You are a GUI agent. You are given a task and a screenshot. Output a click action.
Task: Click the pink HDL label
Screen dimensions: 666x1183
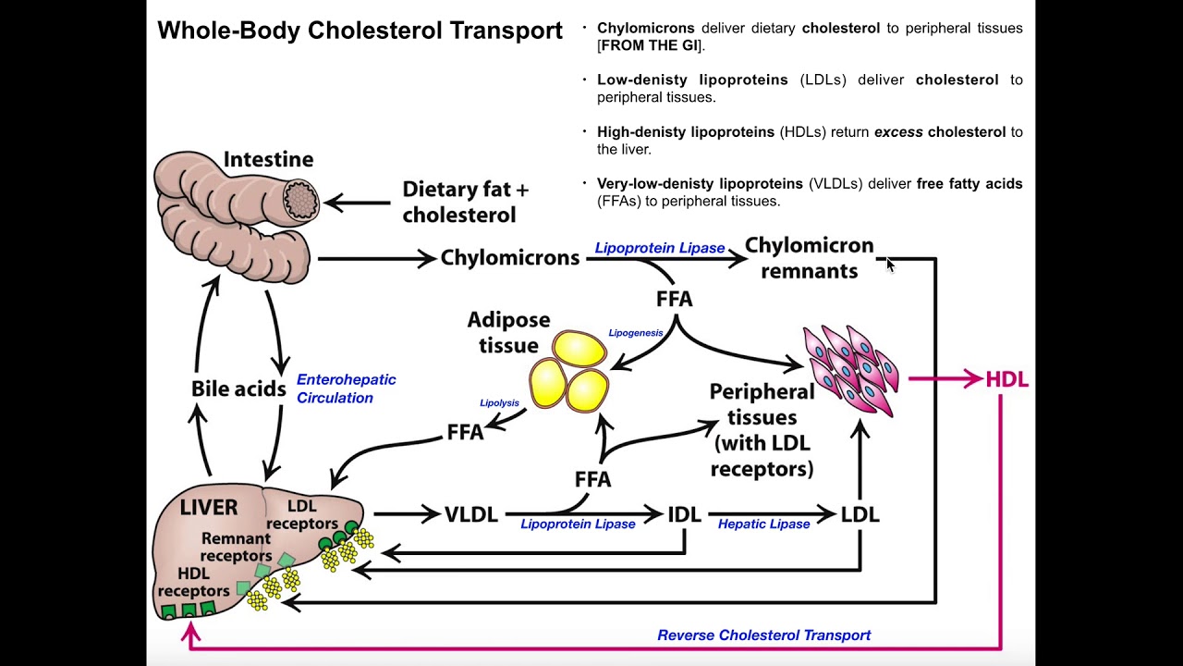click(1006, 379)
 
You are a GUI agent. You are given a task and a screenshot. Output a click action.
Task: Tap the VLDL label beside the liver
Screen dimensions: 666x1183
click(471, 514)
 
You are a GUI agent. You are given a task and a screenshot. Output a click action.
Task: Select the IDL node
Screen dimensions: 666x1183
click(684, 514)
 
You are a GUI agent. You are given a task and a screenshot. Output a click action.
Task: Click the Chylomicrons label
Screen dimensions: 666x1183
click(509, 258)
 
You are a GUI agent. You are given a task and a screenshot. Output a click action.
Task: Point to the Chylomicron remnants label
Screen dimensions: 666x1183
click(809, 258)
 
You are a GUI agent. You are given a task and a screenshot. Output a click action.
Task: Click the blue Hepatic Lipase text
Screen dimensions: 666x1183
click(763, 524)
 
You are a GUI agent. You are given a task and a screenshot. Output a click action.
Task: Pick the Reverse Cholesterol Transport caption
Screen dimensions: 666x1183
click(763, 635)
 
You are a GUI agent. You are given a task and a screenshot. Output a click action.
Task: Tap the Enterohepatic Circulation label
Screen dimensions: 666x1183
click(346, 388)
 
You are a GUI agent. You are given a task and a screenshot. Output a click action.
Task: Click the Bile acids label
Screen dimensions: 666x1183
click(238, 389)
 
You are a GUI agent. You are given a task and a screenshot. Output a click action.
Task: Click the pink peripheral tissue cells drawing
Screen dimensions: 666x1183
click(849, 370)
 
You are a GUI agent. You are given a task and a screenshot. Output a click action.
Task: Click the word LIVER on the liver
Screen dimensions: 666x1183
click(208, 507)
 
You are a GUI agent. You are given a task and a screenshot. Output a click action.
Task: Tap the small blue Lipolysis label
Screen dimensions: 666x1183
click(499, 403)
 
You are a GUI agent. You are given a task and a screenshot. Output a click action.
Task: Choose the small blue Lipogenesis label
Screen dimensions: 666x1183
click(635, 333)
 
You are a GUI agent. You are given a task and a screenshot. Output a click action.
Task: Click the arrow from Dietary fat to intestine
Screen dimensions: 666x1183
click(358, 203)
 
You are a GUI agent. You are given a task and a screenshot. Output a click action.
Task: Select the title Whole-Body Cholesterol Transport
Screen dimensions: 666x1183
click(360, 31)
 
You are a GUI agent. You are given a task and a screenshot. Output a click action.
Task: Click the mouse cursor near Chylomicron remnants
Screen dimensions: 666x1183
click(890, 265)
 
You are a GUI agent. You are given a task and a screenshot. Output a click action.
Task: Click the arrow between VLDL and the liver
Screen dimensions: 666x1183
click(405, 513)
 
